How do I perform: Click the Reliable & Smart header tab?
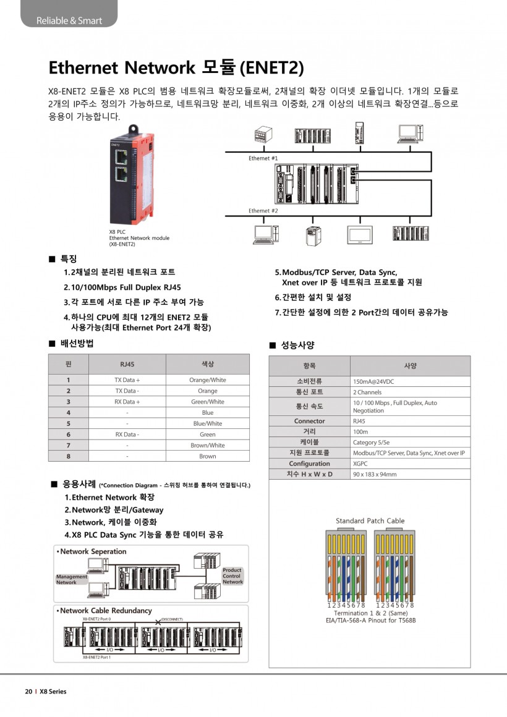68,20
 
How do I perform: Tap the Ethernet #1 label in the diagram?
263,158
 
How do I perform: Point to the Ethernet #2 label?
263,211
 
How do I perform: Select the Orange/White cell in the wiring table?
208,380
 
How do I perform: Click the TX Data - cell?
127,391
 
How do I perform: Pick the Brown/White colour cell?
208,445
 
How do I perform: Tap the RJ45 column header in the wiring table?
127,364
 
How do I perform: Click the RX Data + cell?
127,402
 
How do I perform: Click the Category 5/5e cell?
372,443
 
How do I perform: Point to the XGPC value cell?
360,464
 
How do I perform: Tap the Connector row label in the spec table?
310,421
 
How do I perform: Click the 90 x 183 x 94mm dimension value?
375,474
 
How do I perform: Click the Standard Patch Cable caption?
370,520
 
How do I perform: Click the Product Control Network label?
232,576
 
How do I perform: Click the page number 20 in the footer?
28,692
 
